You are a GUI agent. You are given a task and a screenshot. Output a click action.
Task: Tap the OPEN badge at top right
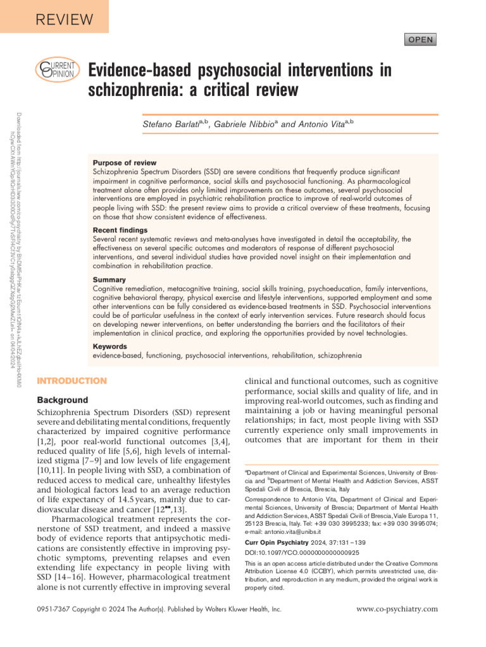click(x=420, y=40)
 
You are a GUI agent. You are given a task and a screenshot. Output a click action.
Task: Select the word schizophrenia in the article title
click(x=140, y=90)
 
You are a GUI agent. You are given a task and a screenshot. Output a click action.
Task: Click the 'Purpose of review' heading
click(x=125, y=163)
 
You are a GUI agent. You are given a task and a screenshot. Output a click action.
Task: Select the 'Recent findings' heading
click(x=120, y=230)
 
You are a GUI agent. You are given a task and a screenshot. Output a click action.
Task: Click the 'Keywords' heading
click(x=110, y=347)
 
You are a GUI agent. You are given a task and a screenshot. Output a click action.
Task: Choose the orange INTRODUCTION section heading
click(x=72, y=381)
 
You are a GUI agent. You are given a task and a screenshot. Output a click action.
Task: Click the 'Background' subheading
click(x=63, y=400)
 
